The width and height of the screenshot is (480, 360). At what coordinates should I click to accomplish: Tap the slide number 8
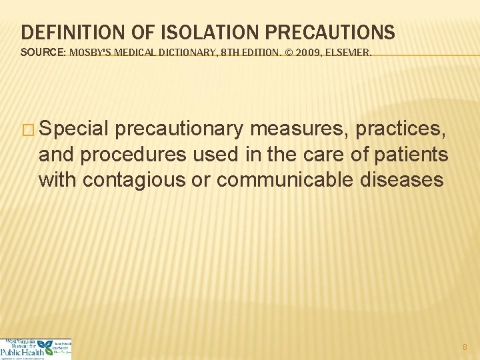pyautogui.click(x=465, y=347)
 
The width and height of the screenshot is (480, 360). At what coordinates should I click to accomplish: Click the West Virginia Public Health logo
pyautogui.click(x=35, y=349)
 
